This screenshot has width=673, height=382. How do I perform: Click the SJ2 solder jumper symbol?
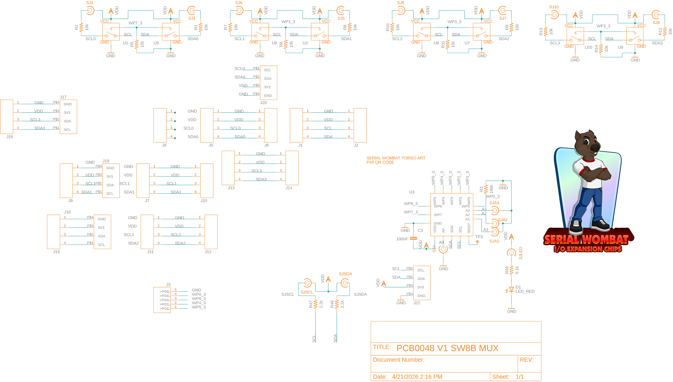tap(90, 10)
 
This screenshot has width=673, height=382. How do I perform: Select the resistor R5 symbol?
tap(136, 44)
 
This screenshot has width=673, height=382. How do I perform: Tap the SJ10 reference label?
tap(554, 7)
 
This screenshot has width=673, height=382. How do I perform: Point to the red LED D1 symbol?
tap(511, 289)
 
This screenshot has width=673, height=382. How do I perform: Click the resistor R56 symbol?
tap(511, 270)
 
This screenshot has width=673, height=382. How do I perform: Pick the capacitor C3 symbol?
tap(413, 238)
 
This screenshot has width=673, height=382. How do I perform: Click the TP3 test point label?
tap(479, 237)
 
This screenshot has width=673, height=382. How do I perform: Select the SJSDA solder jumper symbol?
tap(345, 283)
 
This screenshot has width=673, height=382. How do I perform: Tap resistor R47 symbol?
tap(315, 304)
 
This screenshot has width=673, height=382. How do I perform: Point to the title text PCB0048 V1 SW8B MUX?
tap(447, 348)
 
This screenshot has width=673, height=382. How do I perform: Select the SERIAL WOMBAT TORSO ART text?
tap(396, 158)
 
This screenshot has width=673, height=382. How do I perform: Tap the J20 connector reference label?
tap(263, 103)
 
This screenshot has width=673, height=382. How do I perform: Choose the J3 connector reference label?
tap(168, 285)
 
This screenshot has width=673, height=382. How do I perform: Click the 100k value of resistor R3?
tap(491, 189)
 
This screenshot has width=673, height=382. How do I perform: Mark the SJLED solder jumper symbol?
tap(511, 253)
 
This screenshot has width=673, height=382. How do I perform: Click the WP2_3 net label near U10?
tap(603, 26)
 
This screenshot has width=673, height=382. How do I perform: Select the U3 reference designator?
tap(412, 192)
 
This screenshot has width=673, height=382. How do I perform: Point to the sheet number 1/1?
tap(520, 377)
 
